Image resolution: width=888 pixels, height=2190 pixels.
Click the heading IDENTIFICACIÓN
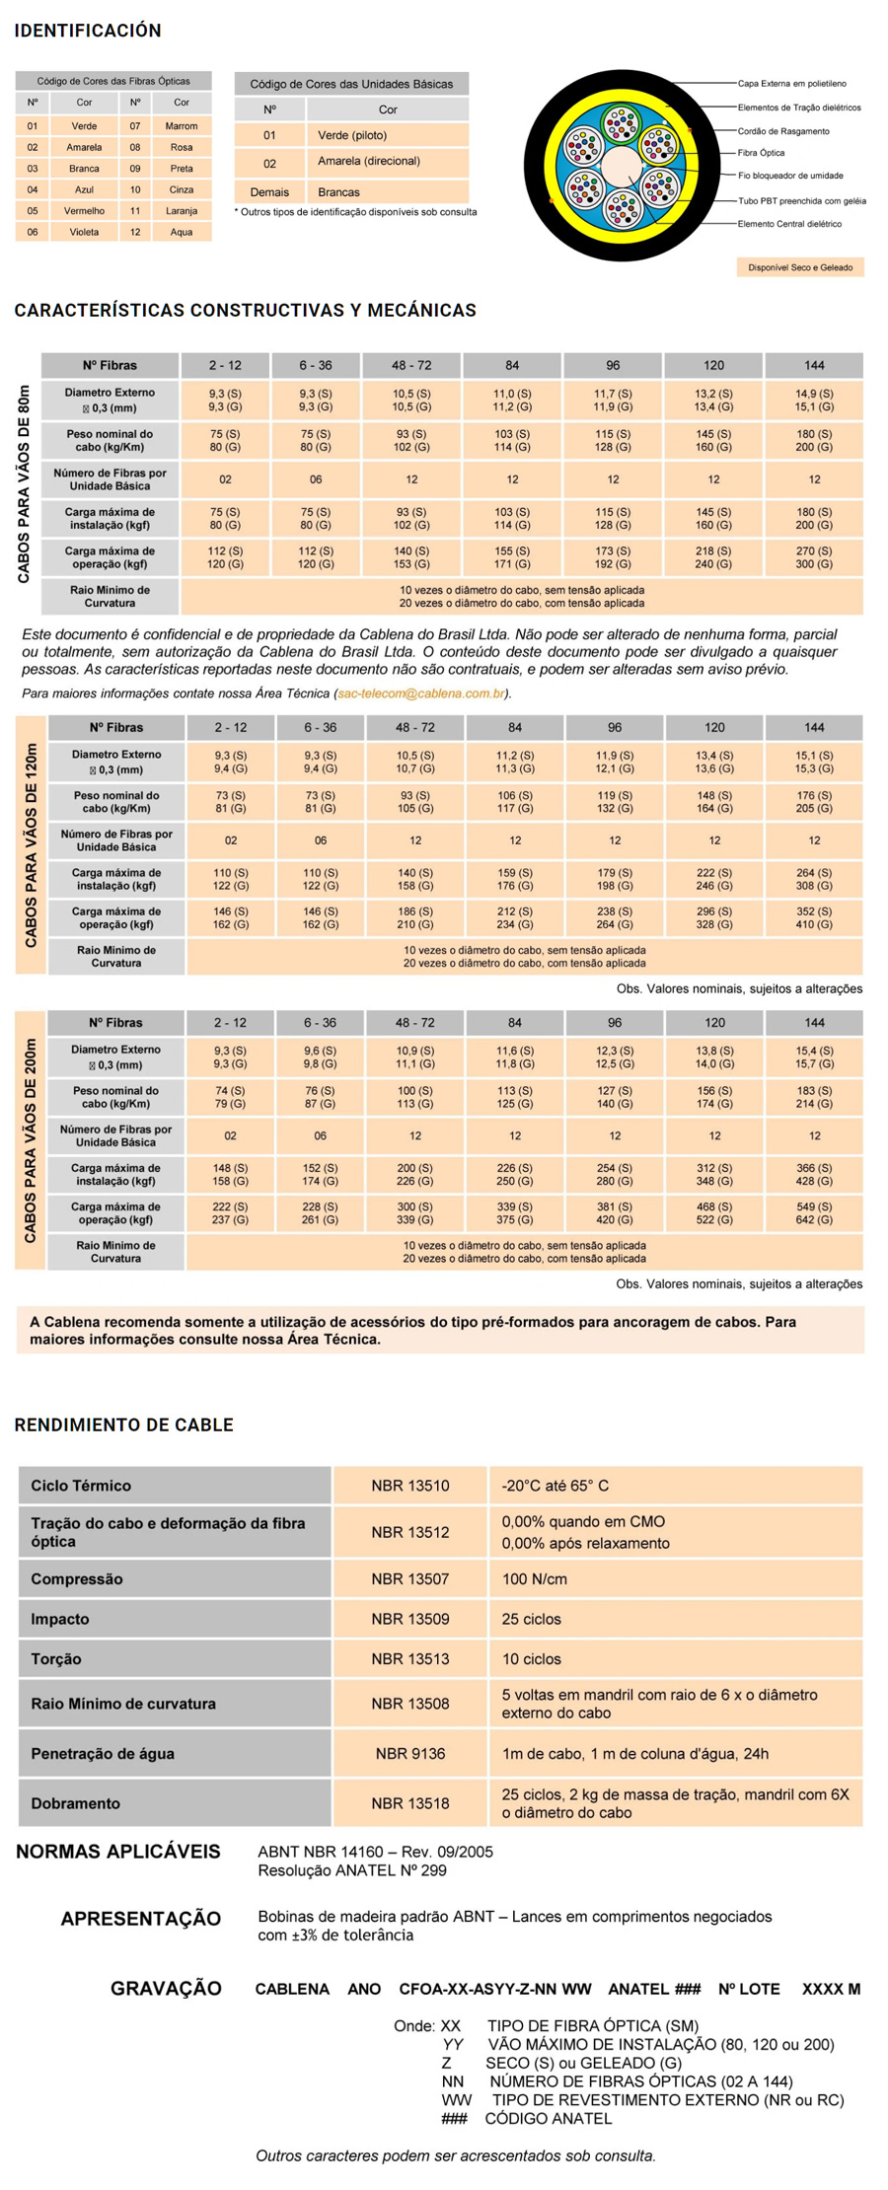click(88, 31)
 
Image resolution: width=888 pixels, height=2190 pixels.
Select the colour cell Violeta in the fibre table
click(84, 232)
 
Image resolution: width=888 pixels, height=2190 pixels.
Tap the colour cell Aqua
click(182, 232)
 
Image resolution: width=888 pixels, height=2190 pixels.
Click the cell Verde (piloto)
click(352, 135)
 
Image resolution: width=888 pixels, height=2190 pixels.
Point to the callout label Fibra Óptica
click(761, 153)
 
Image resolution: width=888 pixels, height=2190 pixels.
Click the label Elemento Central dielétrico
click(789, 224)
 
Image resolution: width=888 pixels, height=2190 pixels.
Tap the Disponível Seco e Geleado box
click(800, 267)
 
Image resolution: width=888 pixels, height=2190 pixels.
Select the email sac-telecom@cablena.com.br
click(421, 693)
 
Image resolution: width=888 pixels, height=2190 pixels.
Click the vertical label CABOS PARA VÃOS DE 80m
click(25, 483)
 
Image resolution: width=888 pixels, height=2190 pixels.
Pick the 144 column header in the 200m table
click(814, 1023)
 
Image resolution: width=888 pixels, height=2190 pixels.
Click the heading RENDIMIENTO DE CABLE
click(123, 1424)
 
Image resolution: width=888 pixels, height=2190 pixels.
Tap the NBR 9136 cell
click(410, 1753)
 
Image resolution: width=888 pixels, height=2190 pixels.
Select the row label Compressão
click(77, 1578)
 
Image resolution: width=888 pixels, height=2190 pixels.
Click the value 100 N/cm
click(535, 1578)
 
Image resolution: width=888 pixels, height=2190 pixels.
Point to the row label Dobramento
click(75, 1802)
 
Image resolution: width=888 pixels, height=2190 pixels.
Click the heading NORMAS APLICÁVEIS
click(118, 1852)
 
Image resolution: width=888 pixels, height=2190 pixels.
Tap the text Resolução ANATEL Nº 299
click(352, 1870)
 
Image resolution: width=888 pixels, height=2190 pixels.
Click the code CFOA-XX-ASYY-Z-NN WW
click(495, 1989)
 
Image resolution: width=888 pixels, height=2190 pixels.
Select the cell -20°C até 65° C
click(555, 1486)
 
